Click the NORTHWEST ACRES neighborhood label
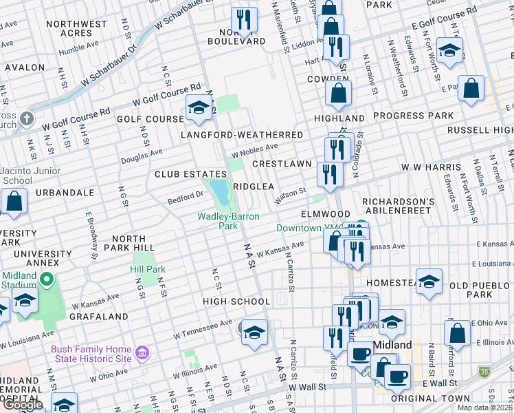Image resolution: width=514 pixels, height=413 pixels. tap(76, 28)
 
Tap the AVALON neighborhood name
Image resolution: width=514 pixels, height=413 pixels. tap(25, 67)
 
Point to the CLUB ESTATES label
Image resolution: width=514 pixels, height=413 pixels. tap(190, 174)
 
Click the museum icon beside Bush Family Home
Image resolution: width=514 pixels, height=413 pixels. tap(142, 354)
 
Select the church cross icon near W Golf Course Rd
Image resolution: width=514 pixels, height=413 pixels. tap(27, 118)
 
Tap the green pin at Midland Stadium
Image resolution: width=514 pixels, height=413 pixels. tap(47, 280)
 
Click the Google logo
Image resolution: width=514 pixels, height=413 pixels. tap(23, 405)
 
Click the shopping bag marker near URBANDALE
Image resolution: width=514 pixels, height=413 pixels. tap(14, 202)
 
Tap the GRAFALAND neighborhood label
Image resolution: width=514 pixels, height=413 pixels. tap(98, 317)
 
